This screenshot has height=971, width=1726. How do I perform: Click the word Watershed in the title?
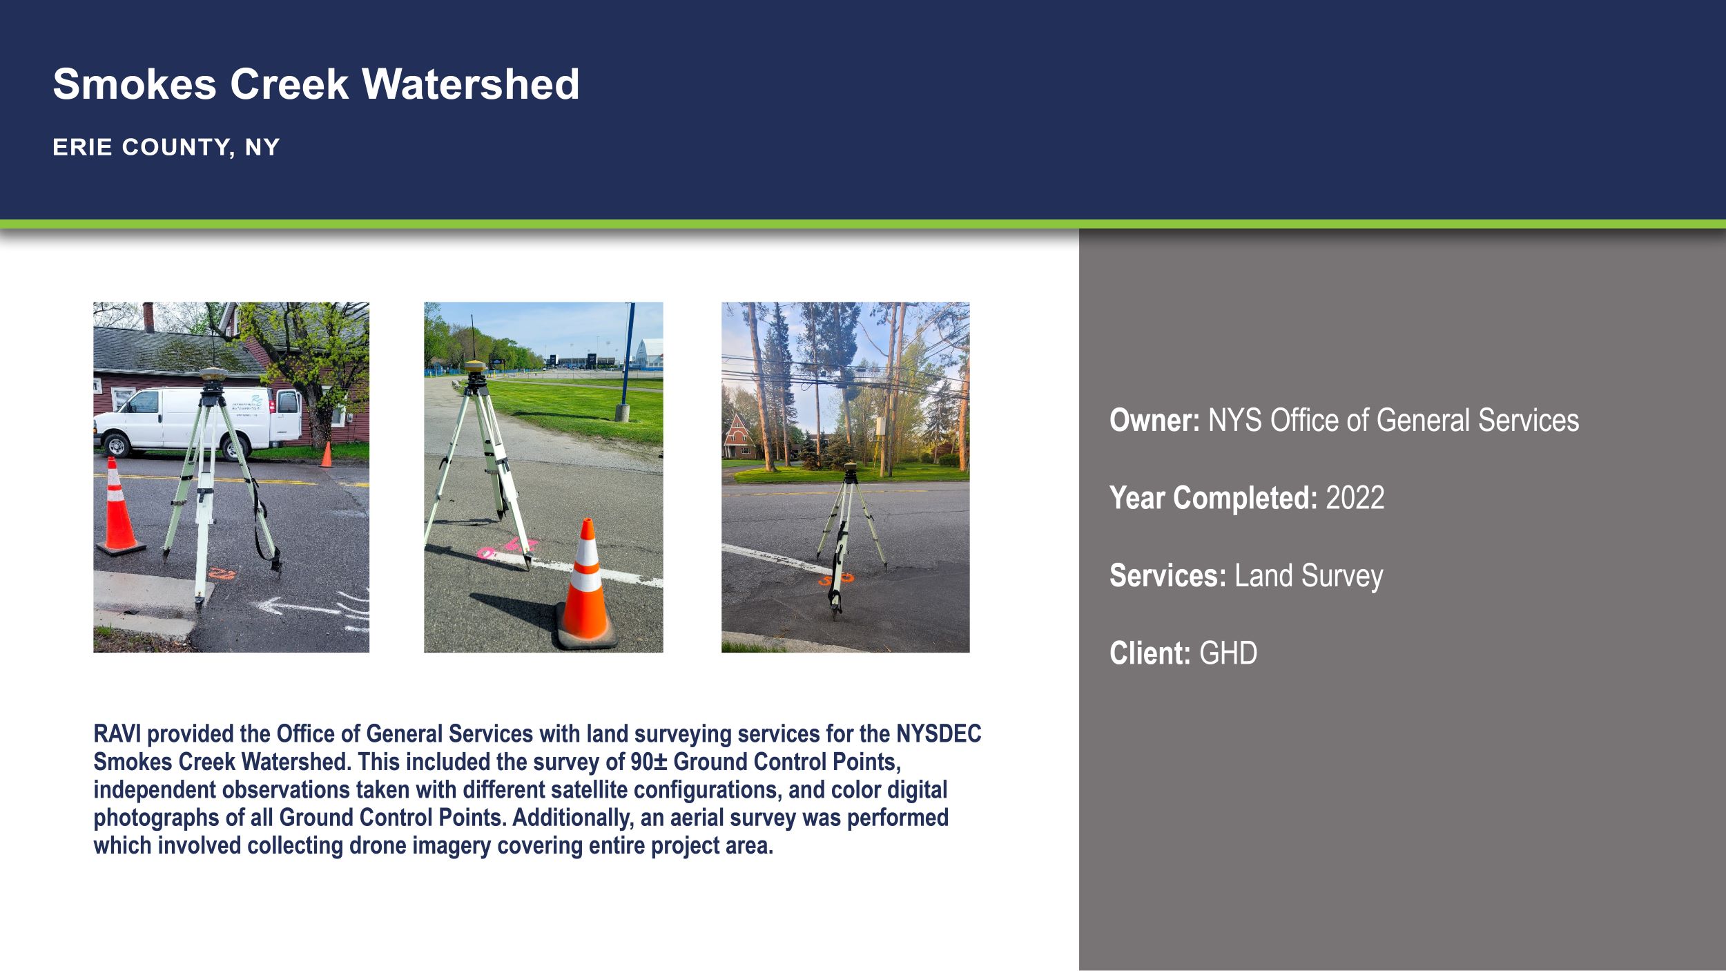point(470,84)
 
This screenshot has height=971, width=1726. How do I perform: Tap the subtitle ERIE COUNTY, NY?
point(166,147)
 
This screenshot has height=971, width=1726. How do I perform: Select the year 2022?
point(1355,498)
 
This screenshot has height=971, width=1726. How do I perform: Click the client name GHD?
point(1228,653)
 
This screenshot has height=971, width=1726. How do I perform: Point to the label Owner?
point(1154,420)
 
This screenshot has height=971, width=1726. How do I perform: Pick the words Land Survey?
point(1308,576)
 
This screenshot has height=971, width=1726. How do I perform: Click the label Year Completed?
point(1213,498)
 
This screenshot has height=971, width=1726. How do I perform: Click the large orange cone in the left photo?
point(119,507)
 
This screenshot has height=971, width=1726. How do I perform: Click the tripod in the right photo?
point(850,539)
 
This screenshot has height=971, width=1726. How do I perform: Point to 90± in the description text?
point(648,762)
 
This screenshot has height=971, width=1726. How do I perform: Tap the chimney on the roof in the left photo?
point(148,316)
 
